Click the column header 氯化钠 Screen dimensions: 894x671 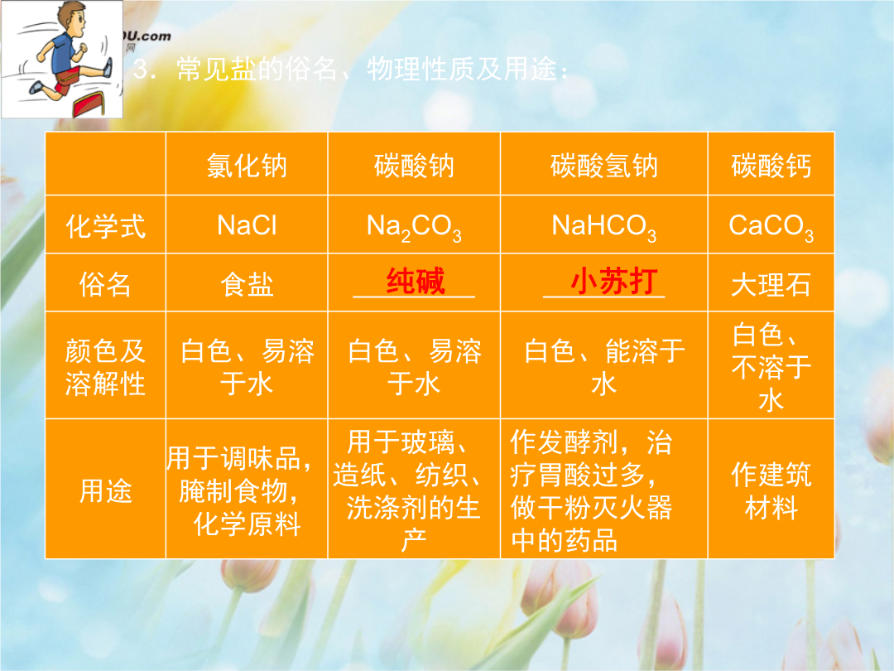(247, 166)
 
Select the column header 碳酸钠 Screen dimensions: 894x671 (414, 166)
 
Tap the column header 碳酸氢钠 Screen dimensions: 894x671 (603, 166)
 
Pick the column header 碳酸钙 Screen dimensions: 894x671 (771, 166)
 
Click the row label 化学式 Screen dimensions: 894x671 (105, 226)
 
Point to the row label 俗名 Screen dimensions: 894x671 (105, 284)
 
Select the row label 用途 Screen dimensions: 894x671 (105, 490)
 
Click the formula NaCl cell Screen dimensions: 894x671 (247, 225)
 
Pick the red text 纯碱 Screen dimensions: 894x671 (415, 281)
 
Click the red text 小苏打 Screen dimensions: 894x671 (614, 281)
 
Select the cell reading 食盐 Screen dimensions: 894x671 (247, 284)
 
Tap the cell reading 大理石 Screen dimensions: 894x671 (771, 284)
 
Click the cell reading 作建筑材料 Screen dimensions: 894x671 (771, 490)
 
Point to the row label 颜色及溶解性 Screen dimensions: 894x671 (105, 367)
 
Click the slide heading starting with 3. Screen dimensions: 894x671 (351, 69)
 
